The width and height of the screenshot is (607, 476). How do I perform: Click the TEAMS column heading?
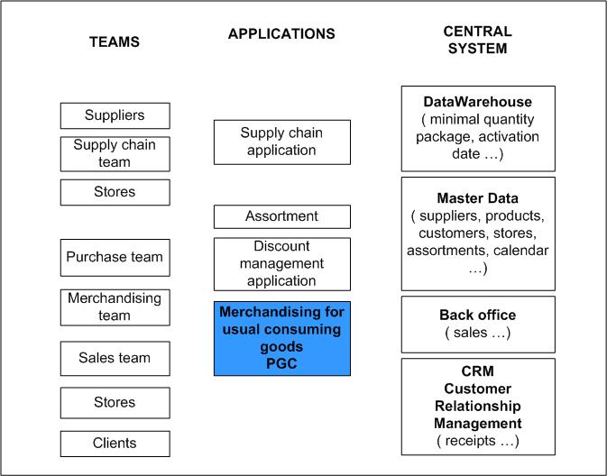115,41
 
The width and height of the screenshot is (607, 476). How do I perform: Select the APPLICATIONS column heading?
281,33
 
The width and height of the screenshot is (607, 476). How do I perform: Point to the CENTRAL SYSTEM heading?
478,40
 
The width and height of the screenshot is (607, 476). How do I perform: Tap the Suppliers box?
115,115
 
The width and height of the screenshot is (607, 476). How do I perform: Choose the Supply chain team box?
115,154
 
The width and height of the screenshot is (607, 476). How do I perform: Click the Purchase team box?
115,258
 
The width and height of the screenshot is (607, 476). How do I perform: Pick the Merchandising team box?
115,307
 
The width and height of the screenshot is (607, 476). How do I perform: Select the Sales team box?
115,359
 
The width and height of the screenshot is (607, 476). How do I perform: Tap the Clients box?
115,444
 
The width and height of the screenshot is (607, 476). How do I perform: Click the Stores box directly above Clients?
115,403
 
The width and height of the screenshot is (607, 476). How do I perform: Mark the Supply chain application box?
282,142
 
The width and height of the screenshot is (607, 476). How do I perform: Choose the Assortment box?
282,216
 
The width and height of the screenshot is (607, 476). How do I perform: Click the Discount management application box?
282,264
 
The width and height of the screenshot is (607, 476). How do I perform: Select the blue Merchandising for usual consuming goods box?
282,339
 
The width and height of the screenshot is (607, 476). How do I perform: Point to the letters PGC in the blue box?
281,363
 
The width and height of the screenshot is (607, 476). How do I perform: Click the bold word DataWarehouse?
478,102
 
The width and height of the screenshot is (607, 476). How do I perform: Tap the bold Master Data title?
478,198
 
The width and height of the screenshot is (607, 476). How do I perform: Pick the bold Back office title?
478,315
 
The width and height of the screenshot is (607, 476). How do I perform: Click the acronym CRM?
478,371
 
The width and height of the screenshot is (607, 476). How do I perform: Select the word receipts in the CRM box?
470,441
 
